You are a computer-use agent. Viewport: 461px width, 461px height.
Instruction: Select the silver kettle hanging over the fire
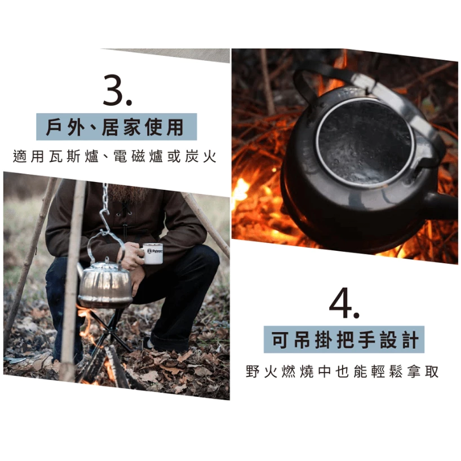click(105, 283)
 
